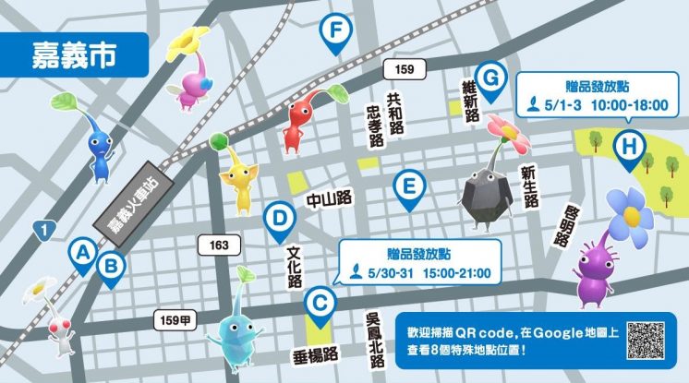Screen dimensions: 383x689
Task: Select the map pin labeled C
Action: click(x=319, y=303)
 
